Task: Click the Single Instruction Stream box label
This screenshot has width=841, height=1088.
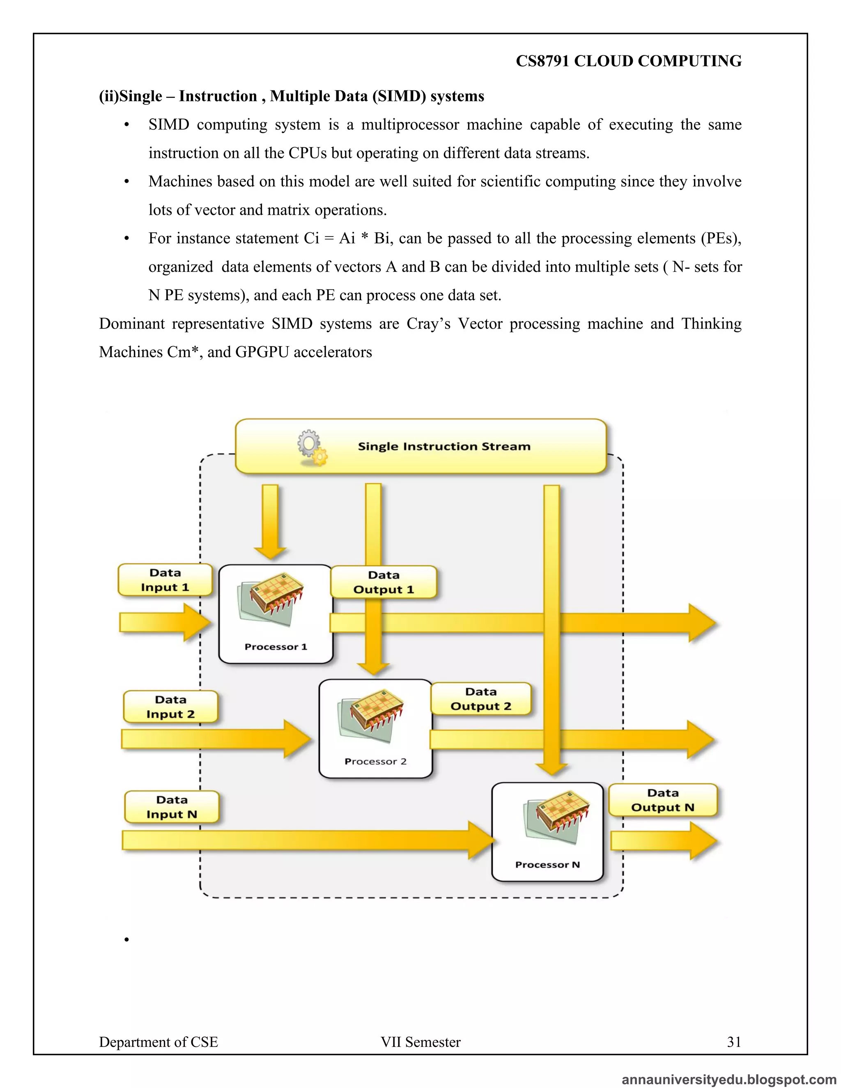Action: [444, 446]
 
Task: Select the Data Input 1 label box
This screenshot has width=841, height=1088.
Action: [165, 580]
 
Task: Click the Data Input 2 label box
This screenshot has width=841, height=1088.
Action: [170, 707]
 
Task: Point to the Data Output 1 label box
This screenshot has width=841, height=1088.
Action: [384, 582]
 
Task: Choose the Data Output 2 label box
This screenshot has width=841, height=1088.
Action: [481, 699]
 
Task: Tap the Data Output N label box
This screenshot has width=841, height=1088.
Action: [663, 800]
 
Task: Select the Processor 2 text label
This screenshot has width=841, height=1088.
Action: [375, 761]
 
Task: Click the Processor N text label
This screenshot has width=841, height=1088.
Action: [547, 865]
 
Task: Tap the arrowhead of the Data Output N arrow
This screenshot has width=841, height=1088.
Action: [703, 841]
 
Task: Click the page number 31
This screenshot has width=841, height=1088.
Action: [734, 1042]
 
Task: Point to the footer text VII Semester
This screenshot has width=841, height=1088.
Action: [420, 1042]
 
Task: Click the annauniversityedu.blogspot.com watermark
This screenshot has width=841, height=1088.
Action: [728, 1079]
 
